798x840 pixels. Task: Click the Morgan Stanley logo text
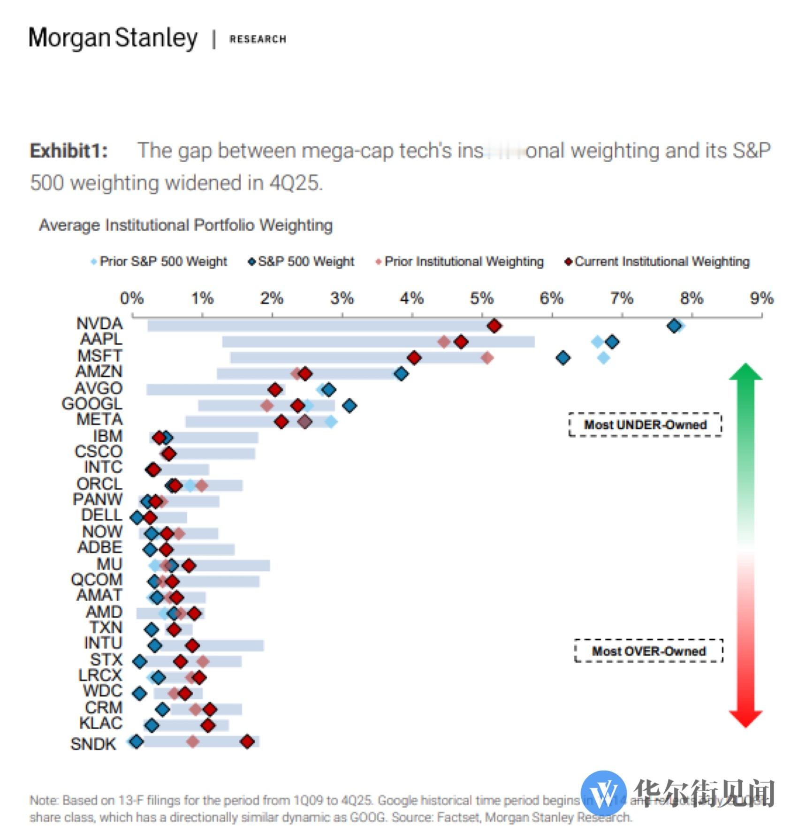tap(113, 38)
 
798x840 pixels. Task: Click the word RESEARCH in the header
tap(258, 39)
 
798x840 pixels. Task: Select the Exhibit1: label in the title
tap(68, 151)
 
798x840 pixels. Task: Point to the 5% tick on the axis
tap(482, 298)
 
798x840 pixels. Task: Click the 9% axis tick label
tap(761, 298)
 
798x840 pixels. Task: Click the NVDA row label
tap(99, 324)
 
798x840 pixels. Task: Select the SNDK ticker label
tap(93, 743)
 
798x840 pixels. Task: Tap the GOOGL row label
tap(92, 403)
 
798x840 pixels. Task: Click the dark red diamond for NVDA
tap(494, 326)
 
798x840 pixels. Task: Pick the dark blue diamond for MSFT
tap(563, 358)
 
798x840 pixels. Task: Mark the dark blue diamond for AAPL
tap(612, 342)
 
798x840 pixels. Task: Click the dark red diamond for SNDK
tap(247, 742)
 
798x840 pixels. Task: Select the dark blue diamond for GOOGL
tap(349, 406)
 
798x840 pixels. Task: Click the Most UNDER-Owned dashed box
tap(645, 424)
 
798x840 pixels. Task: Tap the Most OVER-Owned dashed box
tap(648, 651)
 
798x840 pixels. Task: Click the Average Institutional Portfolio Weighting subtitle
tap(186, 225)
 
